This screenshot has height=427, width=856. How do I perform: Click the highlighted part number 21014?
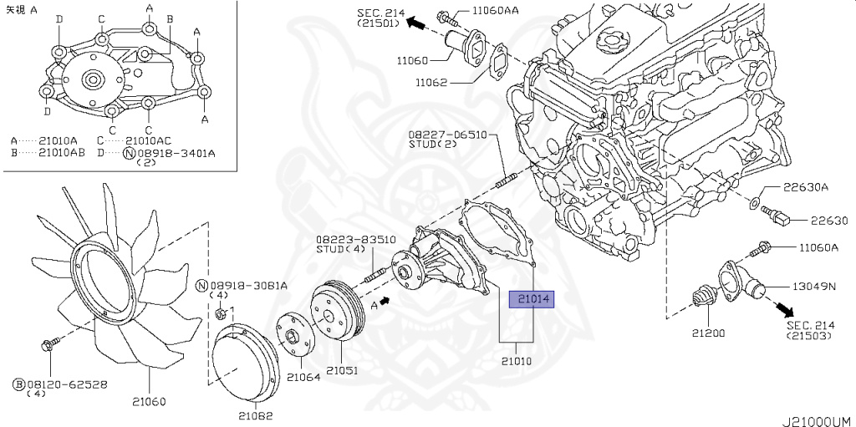[x=532, y=299]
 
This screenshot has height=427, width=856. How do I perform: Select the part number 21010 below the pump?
[x=517, y=361]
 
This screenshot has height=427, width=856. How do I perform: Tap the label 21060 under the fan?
[x=149, y=401]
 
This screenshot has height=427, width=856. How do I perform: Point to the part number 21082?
[x=256, y=415]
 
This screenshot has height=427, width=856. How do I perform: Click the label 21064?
[x=303, y=376]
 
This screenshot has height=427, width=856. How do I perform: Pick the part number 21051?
[x=342, y=369]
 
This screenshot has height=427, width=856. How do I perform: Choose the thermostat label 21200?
[x=709, y=333]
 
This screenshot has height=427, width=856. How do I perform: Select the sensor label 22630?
[x=828, y=221]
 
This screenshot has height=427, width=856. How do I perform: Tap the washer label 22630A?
[x=806, y=187]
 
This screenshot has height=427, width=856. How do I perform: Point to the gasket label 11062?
[x=431, y=83]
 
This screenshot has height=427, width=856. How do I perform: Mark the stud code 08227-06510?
[x=447, y=135]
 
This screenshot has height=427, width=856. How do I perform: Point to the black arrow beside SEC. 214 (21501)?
[x=418, y=23]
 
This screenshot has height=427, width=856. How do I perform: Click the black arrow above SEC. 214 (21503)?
[x=785, y=310]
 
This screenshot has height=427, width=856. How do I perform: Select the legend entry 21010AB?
[x=48, y=153]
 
